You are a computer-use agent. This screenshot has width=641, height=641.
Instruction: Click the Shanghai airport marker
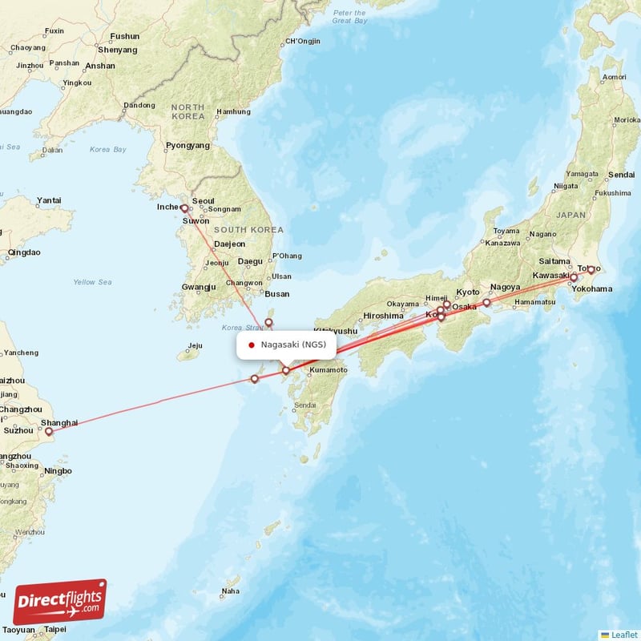click(48, 432)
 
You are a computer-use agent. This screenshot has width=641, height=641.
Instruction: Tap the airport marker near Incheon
click(183, 208)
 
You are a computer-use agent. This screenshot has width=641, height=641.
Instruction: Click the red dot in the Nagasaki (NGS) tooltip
click(252, 345)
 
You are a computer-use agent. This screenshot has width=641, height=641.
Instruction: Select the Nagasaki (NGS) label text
click(293, 345)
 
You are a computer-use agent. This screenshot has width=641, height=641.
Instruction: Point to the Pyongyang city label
click(187, 146)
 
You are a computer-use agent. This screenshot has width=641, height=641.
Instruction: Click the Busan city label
click(276, 294)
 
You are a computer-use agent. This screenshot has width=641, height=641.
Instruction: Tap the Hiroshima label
click(383, 316)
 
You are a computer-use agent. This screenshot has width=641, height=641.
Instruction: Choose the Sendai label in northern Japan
click(621, 175)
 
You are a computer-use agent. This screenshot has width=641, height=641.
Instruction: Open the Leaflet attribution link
click(623, 635)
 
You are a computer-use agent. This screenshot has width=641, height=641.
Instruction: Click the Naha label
click(230, 591)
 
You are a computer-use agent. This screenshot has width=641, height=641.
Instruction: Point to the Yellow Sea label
click(92, 282)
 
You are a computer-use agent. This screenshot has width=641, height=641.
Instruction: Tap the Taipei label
click(55, 630)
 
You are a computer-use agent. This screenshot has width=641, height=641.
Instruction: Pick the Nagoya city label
click(505, 287)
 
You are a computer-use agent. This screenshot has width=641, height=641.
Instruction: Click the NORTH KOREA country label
click(187, 112)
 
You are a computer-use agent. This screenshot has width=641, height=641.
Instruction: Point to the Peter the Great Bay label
click(349, 17)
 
